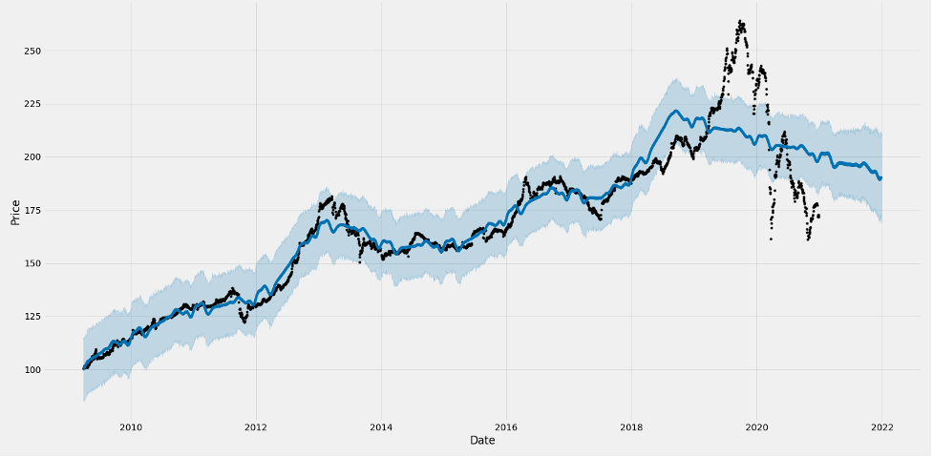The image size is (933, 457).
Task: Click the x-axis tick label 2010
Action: (131, 426)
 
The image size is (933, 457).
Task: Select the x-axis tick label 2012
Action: (256, 426)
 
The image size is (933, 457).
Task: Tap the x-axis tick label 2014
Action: (381, 426)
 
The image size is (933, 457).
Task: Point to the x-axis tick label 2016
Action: (506, 426)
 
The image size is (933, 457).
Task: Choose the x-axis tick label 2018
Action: (631, 426)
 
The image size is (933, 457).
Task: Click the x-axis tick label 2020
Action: (756, 426)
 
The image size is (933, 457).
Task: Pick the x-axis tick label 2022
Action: (881, 426)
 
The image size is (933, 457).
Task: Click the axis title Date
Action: (482, 440)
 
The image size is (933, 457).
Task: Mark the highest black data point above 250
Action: (741, 20)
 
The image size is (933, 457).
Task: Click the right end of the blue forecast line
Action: (881, 177)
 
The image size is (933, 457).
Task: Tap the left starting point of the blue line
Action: (84, 367)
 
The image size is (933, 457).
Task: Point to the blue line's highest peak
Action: (675, 111)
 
